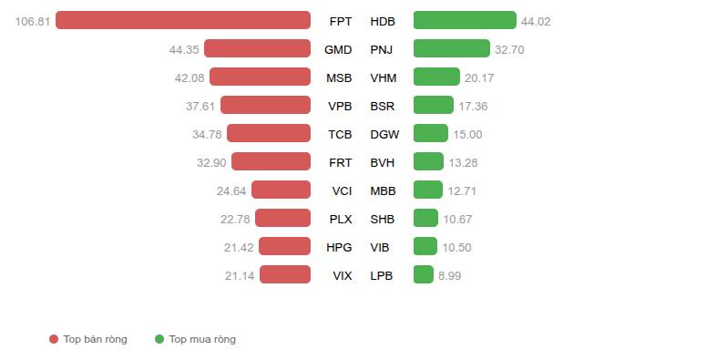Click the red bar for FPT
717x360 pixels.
pyautogui.click(x=183, y=20)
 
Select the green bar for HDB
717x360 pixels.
pyautogui.click(x=465, y=20)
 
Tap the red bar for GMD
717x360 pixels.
pyautogui.click(x=257, y=48)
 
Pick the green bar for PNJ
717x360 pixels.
pyautogui.click(x=451, y=48)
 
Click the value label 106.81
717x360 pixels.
pyautogui.click(x=33, y=22)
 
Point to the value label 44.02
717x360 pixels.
pyautogui.click(x=536, y=22)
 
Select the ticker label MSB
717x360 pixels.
pyautogui.click(x=339, y=78)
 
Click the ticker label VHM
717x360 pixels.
pyautogui.click(x=384, y=78)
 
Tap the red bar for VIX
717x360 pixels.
pyautogui.click(x=285, y=274)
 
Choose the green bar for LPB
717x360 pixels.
pyautogui.click(x=423, y=274)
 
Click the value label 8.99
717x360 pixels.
pyautogui.click(x=449, y=276)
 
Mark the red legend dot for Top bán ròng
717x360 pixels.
pyautogui.click(x=54, y=339)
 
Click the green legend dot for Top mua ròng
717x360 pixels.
pyautogui.click(x=159, y=339)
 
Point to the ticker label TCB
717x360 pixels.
pyautogui.click(x=340, y=135)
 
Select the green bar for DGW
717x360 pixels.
pyautogui.click(x=431, y=133)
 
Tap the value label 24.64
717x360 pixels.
pyautogui.click(x=231, y=191)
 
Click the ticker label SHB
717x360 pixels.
pyautogui.click(x=383, y=220)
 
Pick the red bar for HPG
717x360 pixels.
pyautogui.click(x=284, y=246)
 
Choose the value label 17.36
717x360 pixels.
pyautogui.click(x=473, y=107)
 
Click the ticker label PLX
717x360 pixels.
pyautogui.click(x=341, y=220)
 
